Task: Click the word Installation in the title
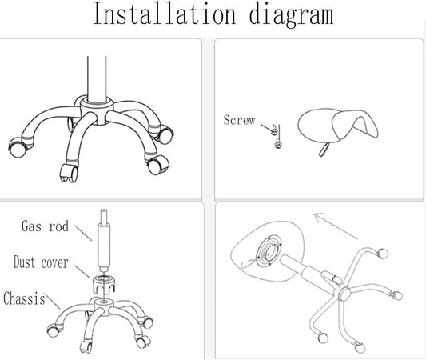click(x=164, y=14)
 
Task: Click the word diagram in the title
click(x=291, y=15)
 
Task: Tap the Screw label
click(x=239, y=120)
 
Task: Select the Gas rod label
click(x=45, y=226)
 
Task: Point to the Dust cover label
click(x=41, y=262)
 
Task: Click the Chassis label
click(x=24, y=298)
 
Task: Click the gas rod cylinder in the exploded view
click(x=104, y=241)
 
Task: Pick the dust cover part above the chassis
click(x=104, y=285)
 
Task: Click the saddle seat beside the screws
click(x=338, y=125)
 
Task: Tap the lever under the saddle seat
click(x=324, y=150)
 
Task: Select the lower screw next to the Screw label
click(x=278, y=143)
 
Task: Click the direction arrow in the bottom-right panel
click(x=336, y=226)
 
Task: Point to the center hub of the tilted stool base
click(x=344, y=294)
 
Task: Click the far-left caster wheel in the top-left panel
click(x=18, y=148)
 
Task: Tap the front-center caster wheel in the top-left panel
click(x=69, y=173)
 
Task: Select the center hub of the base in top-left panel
click(x=97, y=110)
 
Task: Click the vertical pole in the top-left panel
click(x=97, y=79)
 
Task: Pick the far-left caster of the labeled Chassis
click(x=53, y=330)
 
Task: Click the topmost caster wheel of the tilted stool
click(x=383, y=254)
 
